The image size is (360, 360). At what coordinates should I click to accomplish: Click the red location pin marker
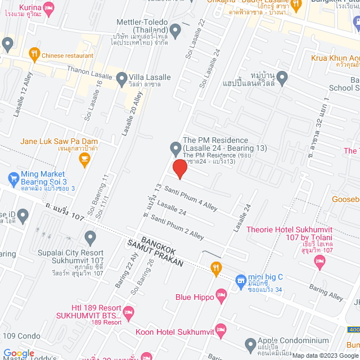[x=179, y=168]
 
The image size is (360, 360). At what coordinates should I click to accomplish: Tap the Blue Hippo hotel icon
[x=222, y=294]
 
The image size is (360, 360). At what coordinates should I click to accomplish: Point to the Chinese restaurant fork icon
[x=34, y=55]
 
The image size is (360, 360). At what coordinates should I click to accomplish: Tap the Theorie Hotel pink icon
[x=320, y=260]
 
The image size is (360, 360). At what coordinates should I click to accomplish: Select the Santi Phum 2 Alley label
[x=177, y=227]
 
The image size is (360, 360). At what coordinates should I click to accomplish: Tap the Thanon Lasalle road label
[x=86, y=71]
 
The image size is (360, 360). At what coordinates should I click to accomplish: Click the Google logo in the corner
[x=19, y=353]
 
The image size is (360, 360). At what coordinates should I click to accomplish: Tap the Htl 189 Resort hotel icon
[x=129, y=310]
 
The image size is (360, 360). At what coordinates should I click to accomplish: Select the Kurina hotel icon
[x=49, y=8]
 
